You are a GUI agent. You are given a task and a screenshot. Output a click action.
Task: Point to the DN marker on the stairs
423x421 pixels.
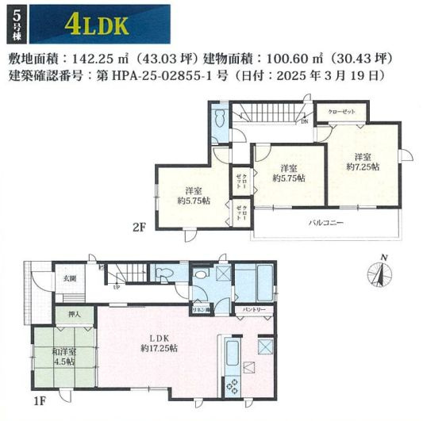pos(305,122)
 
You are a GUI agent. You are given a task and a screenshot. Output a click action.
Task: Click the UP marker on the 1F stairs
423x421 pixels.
pos(117,288)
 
